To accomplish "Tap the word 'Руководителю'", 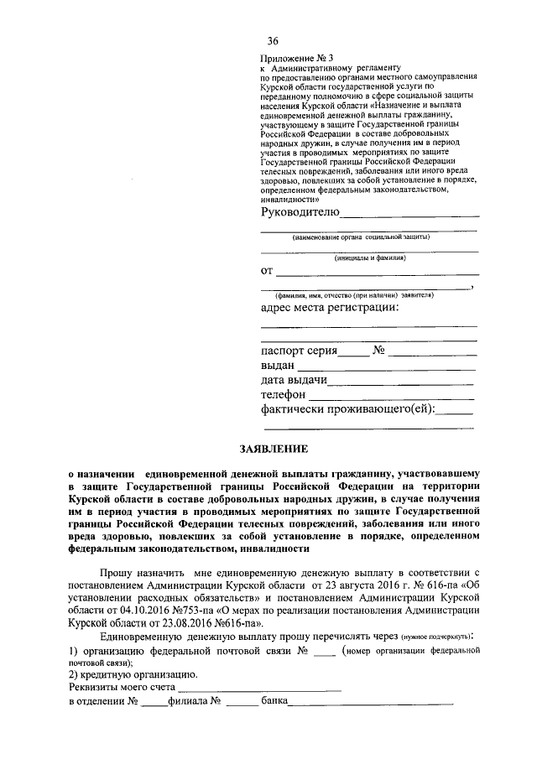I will pos(300,212).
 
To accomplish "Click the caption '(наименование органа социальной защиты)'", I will pos(366,238).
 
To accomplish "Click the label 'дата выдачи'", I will pos(294,381).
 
